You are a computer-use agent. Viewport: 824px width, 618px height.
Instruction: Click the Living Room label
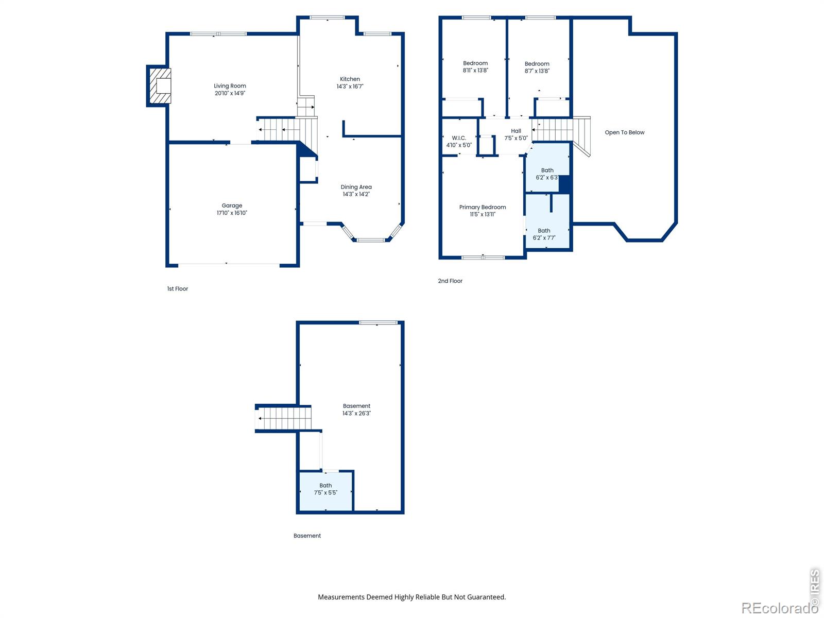[230, 86]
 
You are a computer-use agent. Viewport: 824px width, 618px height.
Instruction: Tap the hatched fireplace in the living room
[160, 85]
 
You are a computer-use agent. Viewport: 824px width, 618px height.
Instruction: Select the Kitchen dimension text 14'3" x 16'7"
[350, 87]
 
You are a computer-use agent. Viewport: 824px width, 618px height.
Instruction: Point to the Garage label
[232, 205]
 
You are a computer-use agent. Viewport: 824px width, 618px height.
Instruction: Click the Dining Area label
[356, 187]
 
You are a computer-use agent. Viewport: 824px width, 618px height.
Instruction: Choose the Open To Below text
[625, 132]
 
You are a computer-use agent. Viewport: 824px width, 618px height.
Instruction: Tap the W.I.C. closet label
[459, 138]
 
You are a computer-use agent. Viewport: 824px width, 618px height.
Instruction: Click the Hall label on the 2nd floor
[516, 131]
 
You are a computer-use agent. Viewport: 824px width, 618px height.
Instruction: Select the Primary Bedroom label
[483, 207]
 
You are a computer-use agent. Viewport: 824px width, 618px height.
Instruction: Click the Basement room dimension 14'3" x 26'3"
[356, 414]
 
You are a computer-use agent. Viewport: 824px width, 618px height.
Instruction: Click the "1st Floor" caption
[178, 288]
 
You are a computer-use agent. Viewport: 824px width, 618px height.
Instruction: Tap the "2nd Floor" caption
[450, 281]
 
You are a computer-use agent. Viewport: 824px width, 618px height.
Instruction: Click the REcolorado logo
[779, 608]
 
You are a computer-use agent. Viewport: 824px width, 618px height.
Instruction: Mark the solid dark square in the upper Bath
[564, 184]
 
